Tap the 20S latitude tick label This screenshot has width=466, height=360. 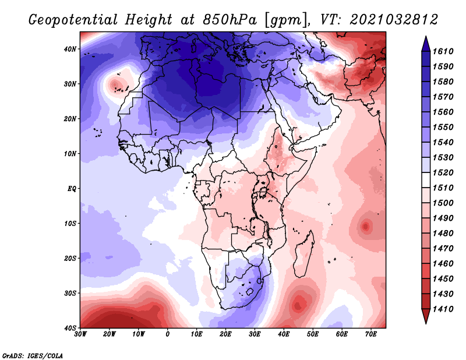click(x=70, y=258)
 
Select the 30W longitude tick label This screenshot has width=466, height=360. click(x=80, y=334)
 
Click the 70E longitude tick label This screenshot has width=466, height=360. click(x=371, y=334)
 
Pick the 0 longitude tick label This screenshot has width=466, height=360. click(x=168, y=334)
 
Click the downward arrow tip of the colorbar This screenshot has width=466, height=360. click(x=425, y=321)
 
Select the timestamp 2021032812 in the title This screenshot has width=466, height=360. click(x=394, y=19)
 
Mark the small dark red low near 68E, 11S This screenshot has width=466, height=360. click(x=366, y=226)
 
